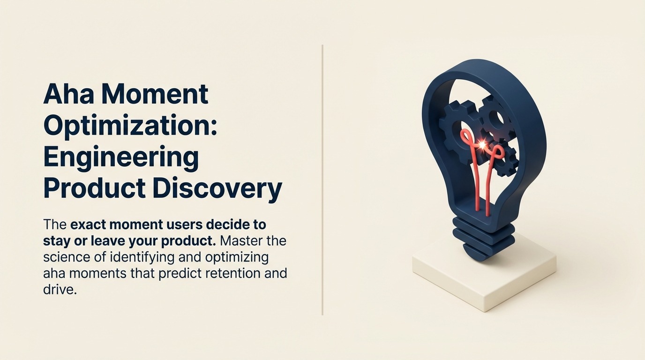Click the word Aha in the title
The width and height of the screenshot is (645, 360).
click(69, 94)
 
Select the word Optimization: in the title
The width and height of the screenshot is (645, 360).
click(130, 127)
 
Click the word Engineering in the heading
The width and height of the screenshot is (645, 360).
click(121, 158)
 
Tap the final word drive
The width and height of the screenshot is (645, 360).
click(60, 290)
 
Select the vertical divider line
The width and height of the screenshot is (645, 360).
click(322, 180)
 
